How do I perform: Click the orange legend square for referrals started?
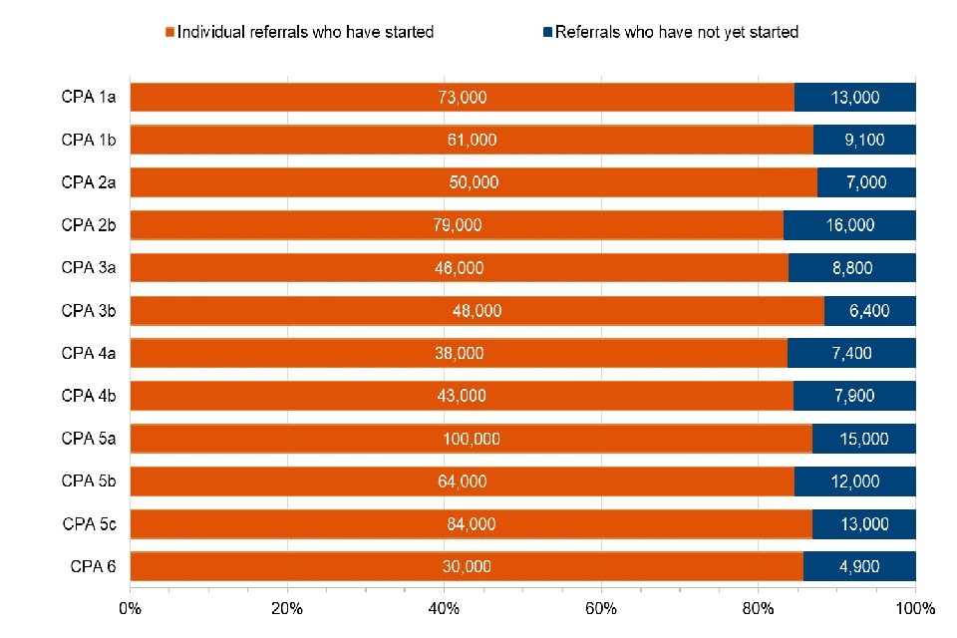pos(170,33)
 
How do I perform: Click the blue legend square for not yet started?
pos(547,33)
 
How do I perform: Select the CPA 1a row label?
pos(89,98)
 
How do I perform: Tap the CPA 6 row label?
pos(93,566)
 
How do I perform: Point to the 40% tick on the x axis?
pos(444,607)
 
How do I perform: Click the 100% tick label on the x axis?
pos(915,607)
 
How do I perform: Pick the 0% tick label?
pos(130,607)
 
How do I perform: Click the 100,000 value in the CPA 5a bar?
pos(472,439)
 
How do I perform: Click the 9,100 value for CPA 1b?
pos(863,140)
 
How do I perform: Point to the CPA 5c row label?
pos(89,523)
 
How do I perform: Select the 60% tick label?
pos(601,607)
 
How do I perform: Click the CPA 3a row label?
pos(89,267)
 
